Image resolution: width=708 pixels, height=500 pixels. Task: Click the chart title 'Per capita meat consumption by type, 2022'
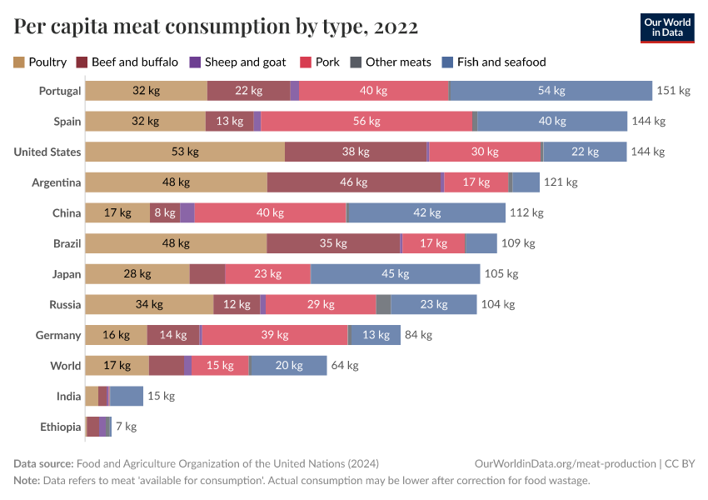pyautogui.click(x=216, y=27)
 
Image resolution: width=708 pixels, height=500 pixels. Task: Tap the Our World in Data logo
pyautogui.click(x=668, y=27)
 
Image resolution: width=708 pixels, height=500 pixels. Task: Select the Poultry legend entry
pyautogui.click(x=40, y=62)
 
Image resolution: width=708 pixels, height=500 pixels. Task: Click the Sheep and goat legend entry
pyautogui.click(x=237, y=62)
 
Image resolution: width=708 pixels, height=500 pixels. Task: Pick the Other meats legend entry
pyautogui.click(x=391, y=62)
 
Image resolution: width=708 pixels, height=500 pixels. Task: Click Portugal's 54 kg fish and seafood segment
pyautogui.click(x=551, y=91)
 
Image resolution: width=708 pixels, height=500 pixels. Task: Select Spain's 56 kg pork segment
pyautogui.click(x=366, y=122)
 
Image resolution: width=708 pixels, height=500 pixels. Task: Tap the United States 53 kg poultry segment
pyautogui.click(x=185, y=152)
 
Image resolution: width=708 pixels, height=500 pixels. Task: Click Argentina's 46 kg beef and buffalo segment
pyautogui.click(x=354, y=182)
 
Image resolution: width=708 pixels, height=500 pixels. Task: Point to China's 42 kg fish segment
pyautogui.click(x=426, y=212)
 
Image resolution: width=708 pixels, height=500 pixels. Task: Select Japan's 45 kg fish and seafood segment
pyautogui.click(x=395, y=274)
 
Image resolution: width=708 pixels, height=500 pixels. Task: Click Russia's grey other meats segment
pyautogui.click(x=383, y=304)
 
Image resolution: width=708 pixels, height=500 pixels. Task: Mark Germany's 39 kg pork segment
pyautogui.click(x=275, y=335)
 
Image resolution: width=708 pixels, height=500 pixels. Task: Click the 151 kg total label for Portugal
pyautogui.click(x=674, y=91)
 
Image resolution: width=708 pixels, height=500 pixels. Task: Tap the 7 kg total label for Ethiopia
pyautogui.click(x=126, y=427)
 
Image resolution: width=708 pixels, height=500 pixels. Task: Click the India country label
pyautogui.click(x=68, y=396)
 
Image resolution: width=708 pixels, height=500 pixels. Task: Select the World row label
pyautogui.click(x=66, y=366)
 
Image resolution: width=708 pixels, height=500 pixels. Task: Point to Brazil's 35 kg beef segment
pyautogui.click(x=333, y=243)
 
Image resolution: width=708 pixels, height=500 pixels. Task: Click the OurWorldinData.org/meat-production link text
pyautogui.click(x=565, y=463)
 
